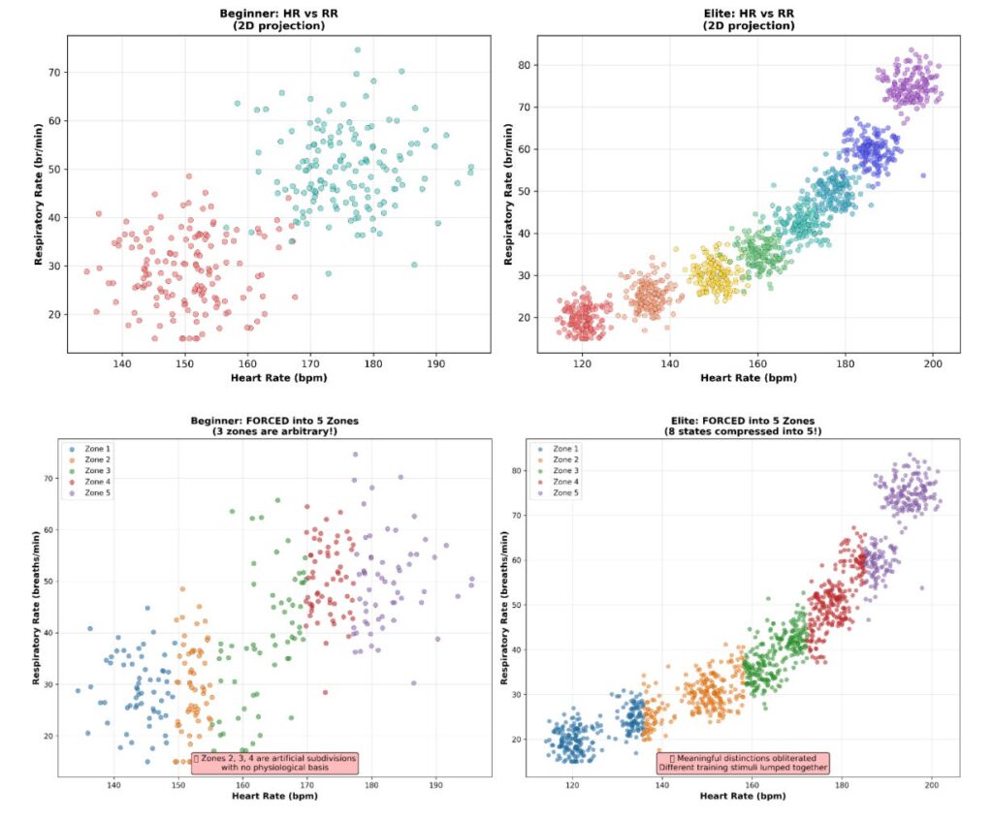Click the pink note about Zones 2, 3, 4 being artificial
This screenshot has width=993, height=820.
click(x=274, y=763)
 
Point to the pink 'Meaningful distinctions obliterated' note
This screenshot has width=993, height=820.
click(x=743, y=763)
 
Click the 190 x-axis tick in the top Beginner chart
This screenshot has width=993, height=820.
click(x=436, y=363)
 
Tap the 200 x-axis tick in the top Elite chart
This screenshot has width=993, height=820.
click(x=933, y=363)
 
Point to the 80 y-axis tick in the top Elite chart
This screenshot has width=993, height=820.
click(x=523, y=65)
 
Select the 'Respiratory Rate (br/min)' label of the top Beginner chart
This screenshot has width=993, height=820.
click(x=39, y=194)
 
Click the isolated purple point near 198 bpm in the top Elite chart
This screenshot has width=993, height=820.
click(x=923, y=175)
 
